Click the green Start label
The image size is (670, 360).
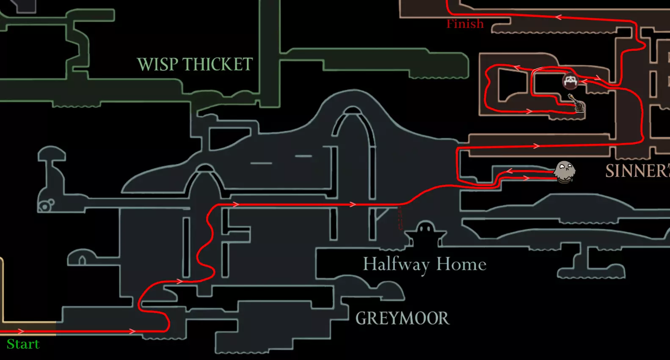pyautogui.click(x=23, y=344)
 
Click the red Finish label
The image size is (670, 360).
pyautogui.click(x=465, y=24)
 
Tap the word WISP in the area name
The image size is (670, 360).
pyautogui.click(x=157, y=64)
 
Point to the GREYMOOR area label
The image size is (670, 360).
pyautogui.click(x=402, y=318)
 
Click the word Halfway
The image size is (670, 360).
pyautogui.click(x=396, y=264)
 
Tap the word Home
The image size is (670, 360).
pyautogui.click(x=461, y=264)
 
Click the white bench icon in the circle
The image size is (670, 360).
pyautogui.click(x=570, y=80)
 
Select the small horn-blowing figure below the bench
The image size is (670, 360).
pyautogui.click(x=577, y=104)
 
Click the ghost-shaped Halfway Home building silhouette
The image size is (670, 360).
pyautogui.click(x=425, y=234)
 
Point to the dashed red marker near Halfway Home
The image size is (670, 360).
pyautogui.click(x=400, y=218)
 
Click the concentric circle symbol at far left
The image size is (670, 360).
pyautogui.click(x=44, y=206)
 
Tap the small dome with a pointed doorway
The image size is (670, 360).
pyautogui.click(x=82, y=258)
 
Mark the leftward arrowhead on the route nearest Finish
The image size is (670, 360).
pyautogui.click(x=559, y=17)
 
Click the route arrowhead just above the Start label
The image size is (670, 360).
pyautogui.click(x=20, y=331)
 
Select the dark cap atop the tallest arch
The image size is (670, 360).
pyautogui.click(x=352, y=111)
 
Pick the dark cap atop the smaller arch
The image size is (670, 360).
pyautogui.click(x=206, y=168)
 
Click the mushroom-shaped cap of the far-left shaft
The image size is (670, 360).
pyautogui.click(x=51, y=153)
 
